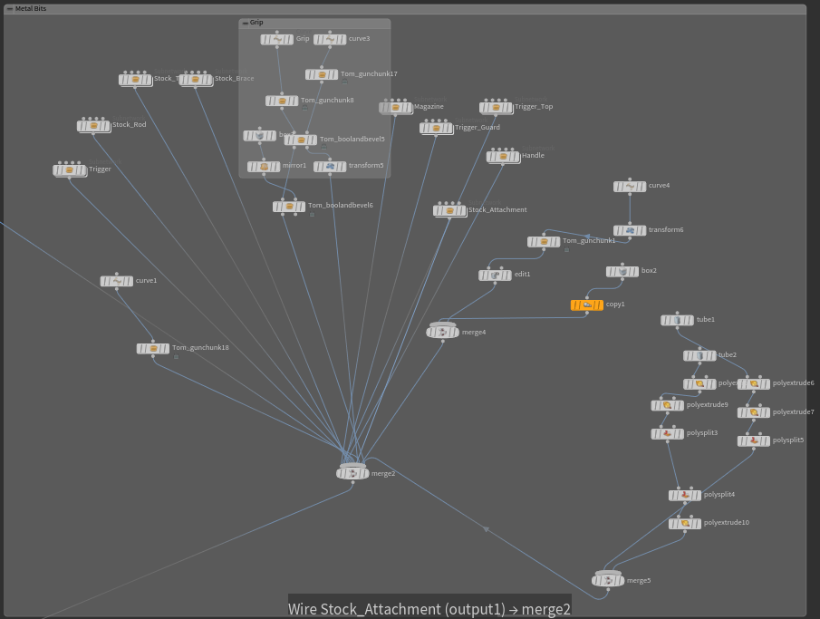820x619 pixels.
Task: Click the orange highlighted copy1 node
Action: [x=587, y=305]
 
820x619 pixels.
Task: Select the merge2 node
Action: [x=352, y=473]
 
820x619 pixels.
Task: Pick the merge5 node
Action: [x=608, y=580]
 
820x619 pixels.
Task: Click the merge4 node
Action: [x=442, y=333]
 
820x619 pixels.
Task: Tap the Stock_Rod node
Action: [x=93, y=126]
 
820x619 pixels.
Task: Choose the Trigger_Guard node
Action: [x=436, y=129]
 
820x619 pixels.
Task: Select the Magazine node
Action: [x=396, y=108]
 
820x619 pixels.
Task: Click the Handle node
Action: [x=503, y=157]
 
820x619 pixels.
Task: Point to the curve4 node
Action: [x=630, y=187]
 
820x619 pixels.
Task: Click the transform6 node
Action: [x=630, y=231]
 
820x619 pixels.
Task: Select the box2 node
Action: [x=622, y=272]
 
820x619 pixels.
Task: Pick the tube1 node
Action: [x=677, y=321]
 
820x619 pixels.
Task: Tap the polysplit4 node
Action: [x=685, y=496]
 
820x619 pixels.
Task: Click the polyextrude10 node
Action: [x=685, y=524]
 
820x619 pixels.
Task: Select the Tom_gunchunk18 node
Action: [x=153, y=349]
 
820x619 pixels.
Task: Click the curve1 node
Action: [x=116, y=282]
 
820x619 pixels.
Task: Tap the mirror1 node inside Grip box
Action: [x=264, y=167]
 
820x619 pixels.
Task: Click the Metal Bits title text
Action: [x=31, y=9]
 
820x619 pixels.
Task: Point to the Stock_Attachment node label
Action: [x=497, y=210]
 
